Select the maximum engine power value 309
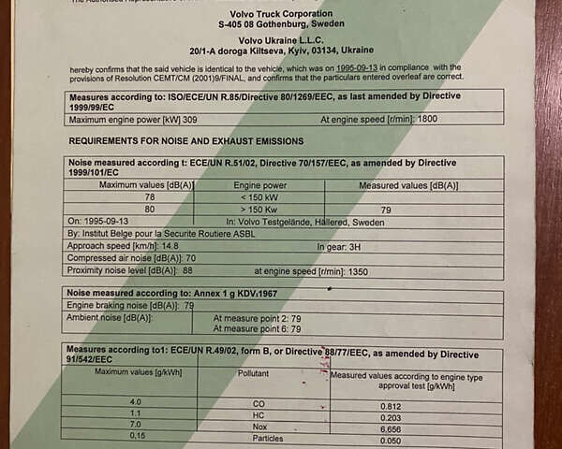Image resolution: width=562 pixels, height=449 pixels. [190, 120]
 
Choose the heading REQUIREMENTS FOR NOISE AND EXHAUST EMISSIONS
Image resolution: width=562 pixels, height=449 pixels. [186, 140]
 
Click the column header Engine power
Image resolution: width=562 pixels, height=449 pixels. [260, 185]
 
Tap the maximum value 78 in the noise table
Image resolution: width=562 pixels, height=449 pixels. [150, 197]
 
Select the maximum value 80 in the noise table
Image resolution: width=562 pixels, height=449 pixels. [150, 210]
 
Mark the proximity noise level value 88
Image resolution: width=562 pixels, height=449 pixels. [186, 269]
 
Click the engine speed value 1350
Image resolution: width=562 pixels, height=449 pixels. [357, 269]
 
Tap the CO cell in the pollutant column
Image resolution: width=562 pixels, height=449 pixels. [259, 403]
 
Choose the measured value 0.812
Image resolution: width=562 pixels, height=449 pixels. [391, 405]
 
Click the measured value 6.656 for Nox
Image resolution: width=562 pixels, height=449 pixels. [391, 427]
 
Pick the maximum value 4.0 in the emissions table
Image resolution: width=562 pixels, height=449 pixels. [137, 402]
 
